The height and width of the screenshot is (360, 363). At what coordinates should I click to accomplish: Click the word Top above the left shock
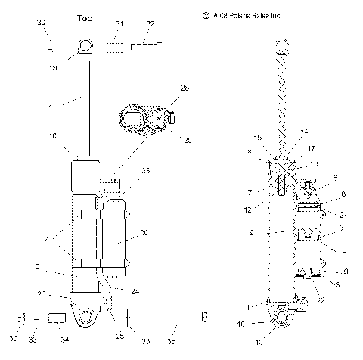coord(85,18)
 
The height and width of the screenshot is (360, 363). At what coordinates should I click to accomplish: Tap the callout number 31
coord(119,25)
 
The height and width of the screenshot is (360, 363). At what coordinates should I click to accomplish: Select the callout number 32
coord(150,25)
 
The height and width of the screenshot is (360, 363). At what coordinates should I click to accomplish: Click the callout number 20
coord(43,294)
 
